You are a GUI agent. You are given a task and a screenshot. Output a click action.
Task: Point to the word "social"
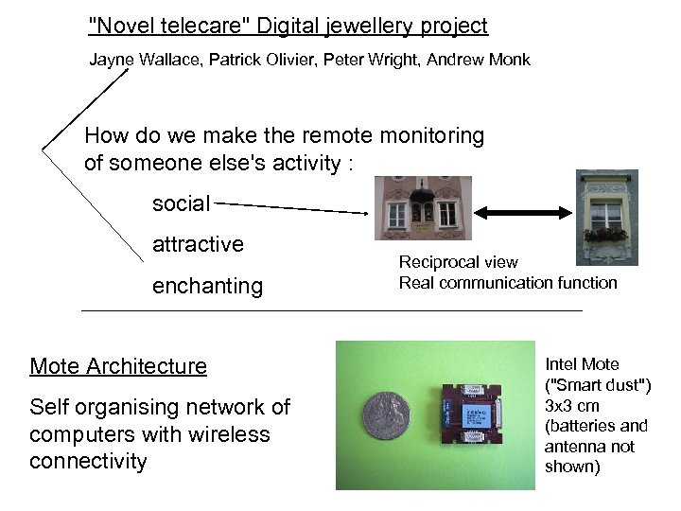[x=182, y=203]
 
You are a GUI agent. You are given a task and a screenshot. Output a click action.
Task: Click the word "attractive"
[x=198, y=244]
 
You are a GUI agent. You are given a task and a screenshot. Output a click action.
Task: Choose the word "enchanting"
[x=207, y=286]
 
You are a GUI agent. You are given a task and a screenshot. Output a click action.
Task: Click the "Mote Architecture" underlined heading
[x=118, y=366]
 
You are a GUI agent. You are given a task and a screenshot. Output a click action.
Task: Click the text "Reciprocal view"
[x=458, y=262]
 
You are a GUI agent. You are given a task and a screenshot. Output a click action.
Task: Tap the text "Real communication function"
[x=507, y=283]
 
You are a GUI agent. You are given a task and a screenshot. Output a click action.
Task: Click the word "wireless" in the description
[x=232, y=434]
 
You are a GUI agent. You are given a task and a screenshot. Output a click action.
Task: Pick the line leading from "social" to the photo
[x=288, y=205]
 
